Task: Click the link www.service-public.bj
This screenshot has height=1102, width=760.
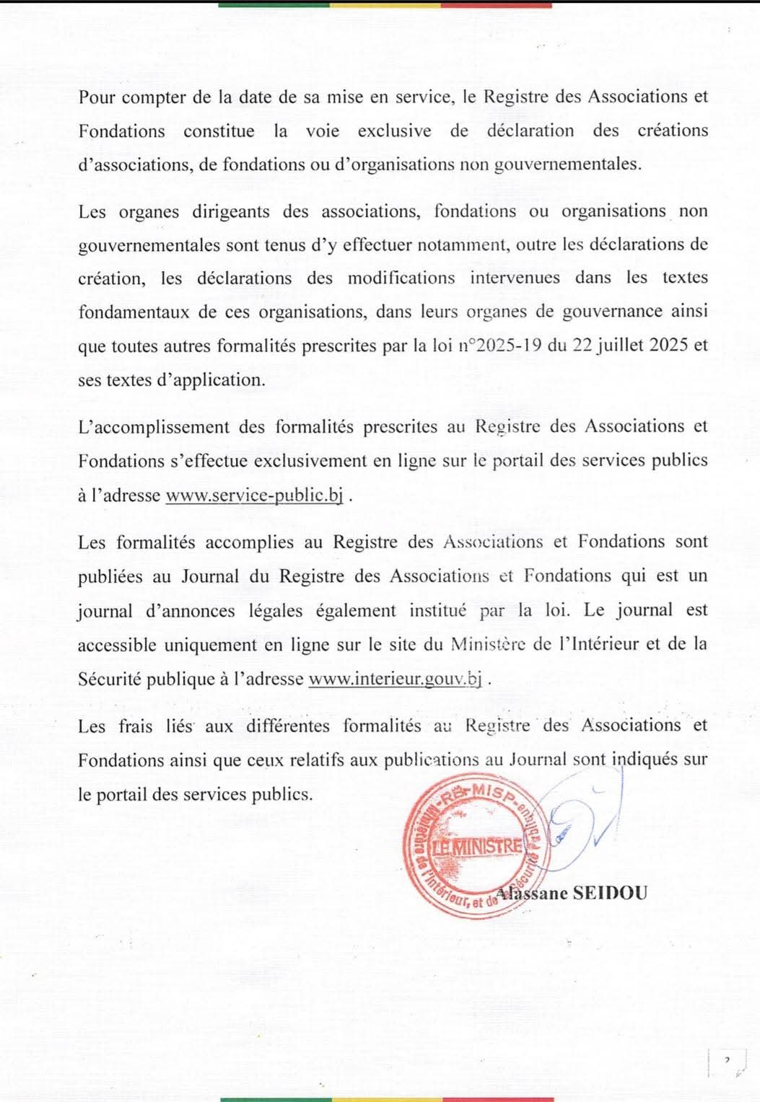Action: (254, 495)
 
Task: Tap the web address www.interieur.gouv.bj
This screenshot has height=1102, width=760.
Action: (395, 679)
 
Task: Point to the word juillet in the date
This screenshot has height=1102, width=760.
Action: (619, 345)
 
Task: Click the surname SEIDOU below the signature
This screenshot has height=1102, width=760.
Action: (610, 893)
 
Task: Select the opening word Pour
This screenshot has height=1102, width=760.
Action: (96, 97)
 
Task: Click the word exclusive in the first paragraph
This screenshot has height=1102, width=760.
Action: (394, 131)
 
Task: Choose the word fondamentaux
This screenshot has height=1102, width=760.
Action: (134, 312)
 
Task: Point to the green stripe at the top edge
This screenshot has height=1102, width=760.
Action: (274, 4)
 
